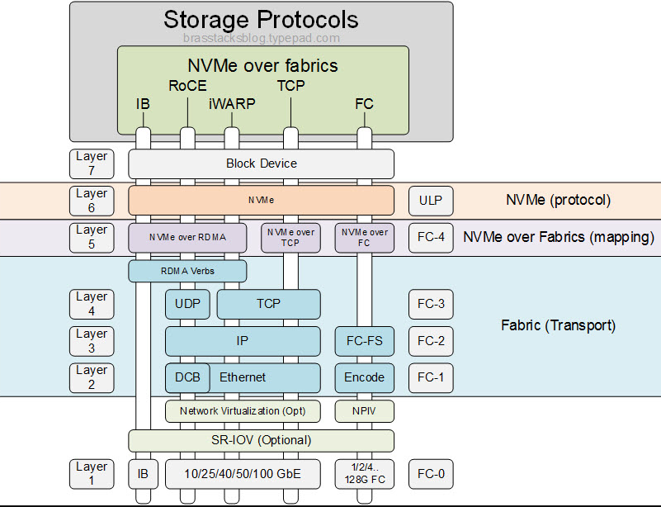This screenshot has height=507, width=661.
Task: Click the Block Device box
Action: pos(261,163)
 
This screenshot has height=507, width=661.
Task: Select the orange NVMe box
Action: pos(261,200)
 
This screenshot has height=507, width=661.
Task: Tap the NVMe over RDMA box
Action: pos(187,237)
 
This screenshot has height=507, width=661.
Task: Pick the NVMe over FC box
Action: pos(364,237)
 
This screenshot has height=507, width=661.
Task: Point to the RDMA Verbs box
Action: pos(187,270)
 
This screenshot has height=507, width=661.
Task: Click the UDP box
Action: pos(187,304)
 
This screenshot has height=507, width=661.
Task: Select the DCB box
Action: pos(186,377)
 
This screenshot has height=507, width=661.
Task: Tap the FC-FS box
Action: pos(364,340)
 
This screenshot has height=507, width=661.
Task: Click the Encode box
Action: pos(364,377)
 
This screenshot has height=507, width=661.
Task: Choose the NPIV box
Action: pos(364,410)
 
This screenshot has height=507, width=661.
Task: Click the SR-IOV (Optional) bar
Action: pos(261,440)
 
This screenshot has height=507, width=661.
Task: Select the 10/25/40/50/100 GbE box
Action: pos(243,474)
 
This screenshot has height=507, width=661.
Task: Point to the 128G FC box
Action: pos(364,474)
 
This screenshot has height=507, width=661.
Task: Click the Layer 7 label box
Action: pos(92,163)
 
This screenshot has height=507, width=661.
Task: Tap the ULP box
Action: pos(431,200)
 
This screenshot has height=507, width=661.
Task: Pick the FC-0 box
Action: pos(431,474)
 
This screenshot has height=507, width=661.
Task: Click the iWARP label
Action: pos(232,104)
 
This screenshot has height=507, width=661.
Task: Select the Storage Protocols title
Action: pos(261,19)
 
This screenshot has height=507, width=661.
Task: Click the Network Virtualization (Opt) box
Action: pos(243,410)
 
